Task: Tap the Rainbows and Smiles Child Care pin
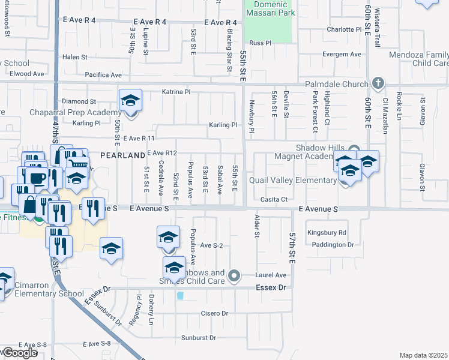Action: pyautogui.click(x=235, y=277)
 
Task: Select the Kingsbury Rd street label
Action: pyautogui.click(x=327, y=232)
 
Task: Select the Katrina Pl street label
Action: pyautogui.click(x=176, y=92)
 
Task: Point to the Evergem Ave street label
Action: pyautogui.click(x=342, y=54)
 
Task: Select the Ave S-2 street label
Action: pyautogui.click(x=211, y=245)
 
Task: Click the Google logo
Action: pyautogui.click(x=19, y=353)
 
